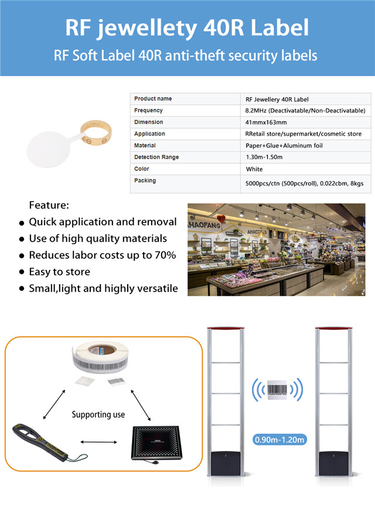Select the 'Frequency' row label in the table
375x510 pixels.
(x=149, y=111)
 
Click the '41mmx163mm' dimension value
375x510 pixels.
(x=267, y=122)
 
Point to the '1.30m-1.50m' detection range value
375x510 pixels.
(x=264, y=158)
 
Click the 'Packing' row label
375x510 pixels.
(x=145, y=181)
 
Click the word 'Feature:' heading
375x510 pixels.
(x=49, y=206)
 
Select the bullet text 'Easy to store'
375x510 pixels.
(x=59, y=272)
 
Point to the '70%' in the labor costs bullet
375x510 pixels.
(x=163, y=255)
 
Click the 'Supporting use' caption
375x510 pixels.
(x=98, y=415)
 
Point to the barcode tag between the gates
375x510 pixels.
(x=277, y=389)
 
